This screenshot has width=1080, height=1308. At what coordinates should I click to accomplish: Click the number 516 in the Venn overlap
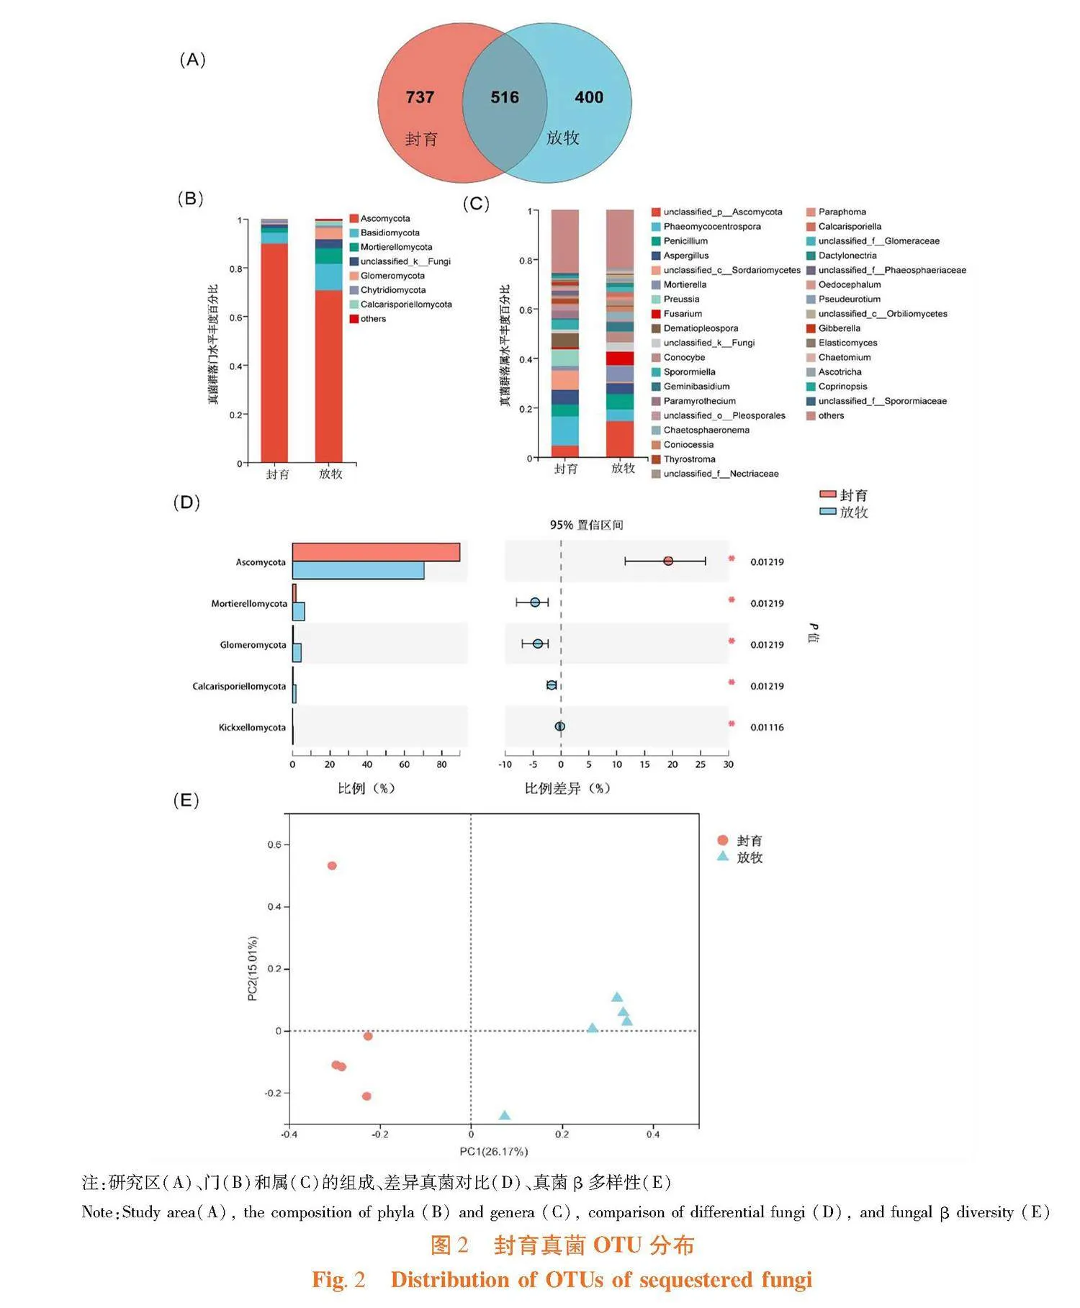point(504,97)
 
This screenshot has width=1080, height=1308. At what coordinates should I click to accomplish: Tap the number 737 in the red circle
point(420,97)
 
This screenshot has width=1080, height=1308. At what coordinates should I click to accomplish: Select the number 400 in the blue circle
point(588,97)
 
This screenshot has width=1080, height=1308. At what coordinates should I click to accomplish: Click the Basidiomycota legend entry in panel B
point(390,233)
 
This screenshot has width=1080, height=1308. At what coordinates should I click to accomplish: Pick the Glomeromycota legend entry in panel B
point(392,276)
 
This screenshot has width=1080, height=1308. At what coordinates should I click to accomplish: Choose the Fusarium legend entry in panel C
point(682,314)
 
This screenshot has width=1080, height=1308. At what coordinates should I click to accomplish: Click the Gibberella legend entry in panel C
point(839,328)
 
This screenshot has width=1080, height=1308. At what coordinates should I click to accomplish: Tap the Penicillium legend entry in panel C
point(685,241)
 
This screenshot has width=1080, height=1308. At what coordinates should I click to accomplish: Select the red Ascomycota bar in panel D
point(376,552)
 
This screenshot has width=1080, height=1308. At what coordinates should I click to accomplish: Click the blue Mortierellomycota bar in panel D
point(299,611)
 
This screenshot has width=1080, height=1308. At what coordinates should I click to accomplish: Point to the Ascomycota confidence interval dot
point(668,561)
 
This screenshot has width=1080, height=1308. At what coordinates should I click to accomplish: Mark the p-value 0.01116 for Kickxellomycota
point(767,727)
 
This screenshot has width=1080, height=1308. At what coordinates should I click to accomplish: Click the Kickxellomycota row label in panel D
point(252,727)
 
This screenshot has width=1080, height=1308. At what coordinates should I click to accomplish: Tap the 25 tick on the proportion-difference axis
point(701,764)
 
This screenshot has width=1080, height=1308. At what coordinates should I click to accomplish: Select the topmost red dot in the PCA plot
point(332,865)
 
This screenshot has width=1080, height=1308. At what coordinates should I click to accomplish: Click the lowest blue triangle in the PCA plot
point(505,1116)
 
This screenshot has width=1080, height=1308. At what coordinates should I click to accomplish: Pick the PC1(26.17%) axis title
point(494,1152)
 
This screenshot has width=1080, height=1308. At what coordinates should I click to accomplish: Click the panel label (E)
point(186,800)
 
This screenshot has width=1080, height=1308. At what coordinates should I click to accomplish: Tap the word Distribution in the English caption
point(459,1279)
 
